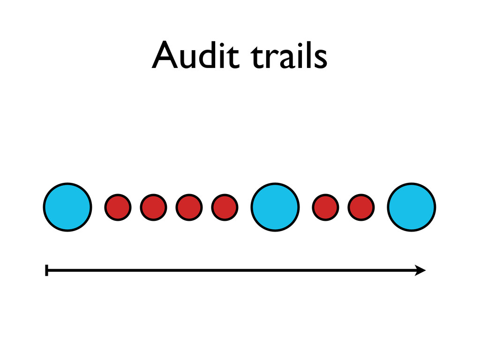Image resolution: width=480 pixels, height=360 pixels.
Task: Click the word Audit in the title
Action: point(197,56)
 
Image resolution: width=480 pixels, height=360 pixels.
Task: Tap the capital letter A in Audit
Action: point(165,56)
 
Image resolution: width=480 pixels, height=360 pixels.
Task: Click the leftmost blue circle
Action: point(67,207)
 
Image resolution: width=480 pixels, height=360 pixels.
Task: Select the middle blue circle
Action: point(275,207)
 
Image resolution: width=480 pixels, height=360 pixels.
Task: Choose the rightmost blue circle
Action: point(412,207)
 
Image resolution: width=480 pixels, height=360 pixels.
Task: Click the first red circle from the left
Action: point(117,207)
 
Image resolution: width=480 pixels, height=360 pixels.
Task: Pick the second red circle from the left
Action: point(153,207)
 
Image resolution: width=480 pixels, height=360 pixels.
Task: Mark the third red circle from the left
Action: point(189,207)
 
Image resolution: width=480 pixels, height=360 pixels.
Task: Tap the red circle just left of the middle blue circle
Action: point(225,207)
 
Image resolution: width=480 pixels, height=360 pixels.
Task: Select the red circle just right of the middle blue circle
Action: point(325,207)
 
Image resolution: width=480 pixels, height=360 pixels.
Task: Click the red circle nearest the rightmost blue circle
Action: point(361,207)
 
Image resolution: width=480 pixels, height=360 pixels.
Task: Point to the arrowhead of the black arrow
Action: point(420,270)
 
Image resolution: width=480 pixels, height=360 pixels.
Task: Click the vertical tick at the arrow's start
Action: point(46,270)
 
